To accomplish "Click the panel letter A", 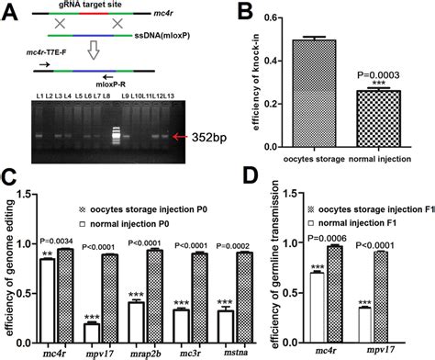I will [x=9, y=11].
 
